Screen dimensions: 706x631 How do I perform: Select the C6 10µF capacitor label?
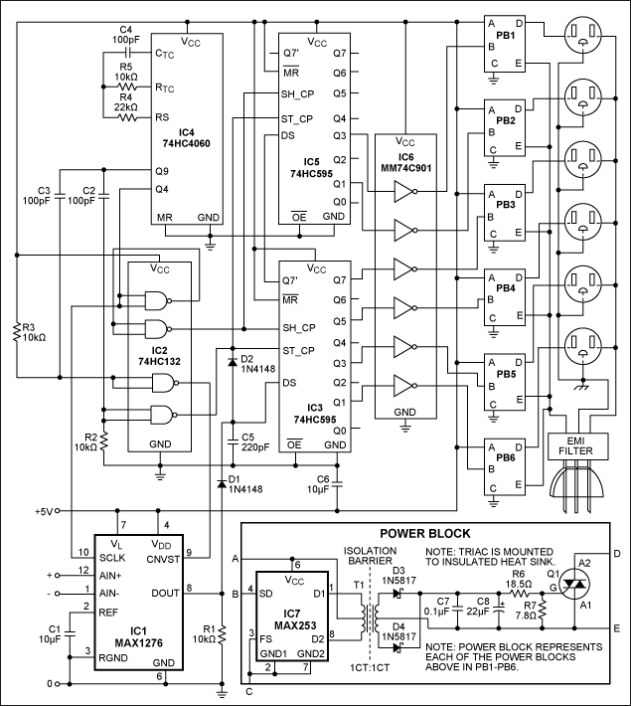[322, 485]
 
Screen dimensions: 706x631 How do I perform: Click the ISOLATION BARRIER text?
[371, 558]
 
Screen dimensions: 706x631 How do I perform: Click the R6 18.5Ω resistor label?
[527, 580]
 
